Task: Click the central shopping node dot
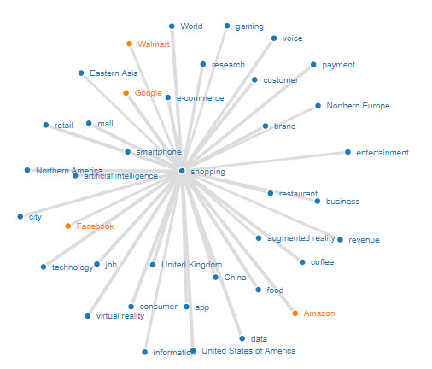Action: click(182, 171)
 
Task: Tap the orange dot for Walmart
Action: click(129, 44)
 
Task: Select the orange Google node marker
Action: click(126, 93)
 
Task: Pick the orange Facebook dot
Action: click(67, 225)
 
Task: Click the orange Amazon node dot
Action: click(295, 313)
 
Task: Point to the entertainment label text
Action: click(382, 153)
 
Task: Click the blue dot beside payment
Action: click(313, 65)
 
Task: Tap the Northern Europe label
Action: click(358, 106)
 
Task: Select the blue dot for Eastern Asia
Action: click(81, 73)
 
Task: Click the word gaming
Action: click(249, 26)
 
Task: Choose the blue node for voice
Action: click(274, 38)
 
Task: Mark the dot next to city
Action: click(20, 217)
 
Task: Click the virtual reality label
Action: click(120, 316)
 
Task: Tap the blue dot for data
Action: click(242, 338)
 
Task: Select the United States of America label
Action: click(248, 351)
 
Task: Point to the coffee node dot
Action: click(302, 262)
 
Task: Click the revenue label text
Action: click(364, 240)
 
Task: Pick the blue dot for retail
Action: click(46, 125)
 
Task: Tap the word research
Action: click(228, 65)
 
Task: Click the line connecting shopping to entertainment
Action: click(265, 161)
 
